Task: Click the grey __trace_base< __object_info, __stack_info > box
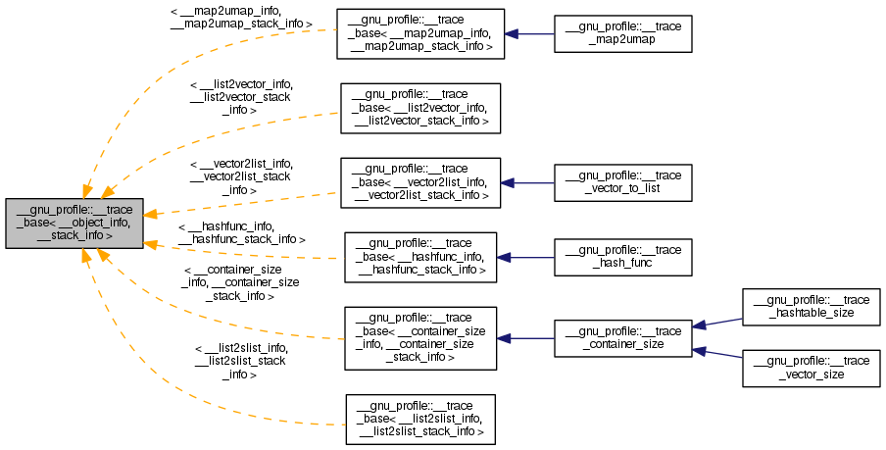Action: point(74,223)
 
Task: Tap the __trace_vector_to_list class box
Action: point(623,181)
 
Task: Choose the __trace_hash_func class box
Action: point(623,257)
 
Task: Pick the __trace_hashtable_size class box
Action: point(812,307)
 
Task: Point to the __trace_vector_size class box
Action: point(812,368)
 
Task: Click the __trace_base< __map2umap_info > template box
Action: point(420,34)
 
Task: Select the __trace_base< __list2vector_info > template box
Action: point(420,108)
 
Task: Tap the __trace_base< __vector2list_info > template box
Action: point(420,181)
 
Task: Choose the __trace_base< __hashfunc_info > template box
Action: point(420,257)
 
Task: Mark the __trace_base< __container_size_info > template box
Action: point(419,337)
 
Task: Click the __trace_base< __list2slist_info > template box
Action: point(420,419)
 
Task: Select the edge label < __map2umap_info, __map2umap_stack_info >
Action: point(241,16)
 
